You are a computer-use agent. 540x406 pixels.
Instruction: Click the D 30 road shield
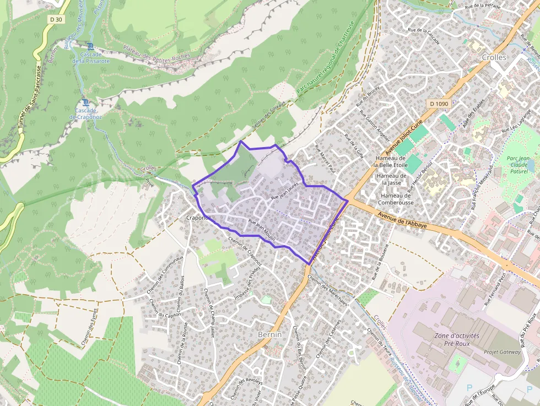55,19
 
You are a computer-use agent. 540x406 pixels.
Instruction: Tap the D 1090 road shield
439,104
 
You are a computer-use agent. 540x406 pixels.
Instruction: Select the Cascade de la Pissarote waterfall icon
90,46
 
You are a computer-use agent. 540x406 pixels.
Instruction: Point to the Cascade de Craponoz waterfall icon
85,102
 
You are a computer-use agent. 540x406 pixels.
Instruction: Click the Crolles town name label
493,57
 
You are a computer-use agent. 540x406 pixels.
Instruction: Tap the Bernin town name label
269,334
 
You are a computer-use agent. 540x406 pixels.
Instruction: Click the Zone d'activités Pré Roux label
457,339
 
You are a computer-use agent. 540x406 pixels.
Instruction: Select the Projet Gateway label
502,351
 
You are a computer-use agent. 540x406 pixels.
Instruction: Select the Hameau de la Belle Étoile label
391,161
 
